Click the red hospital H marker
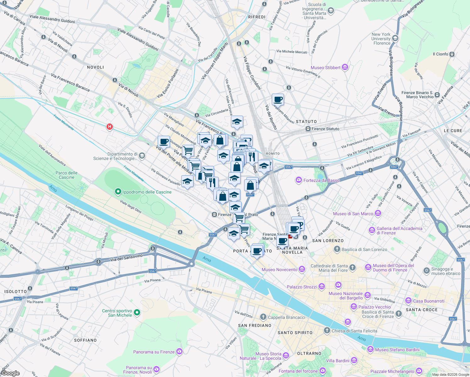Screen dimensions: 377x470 coord(109,127)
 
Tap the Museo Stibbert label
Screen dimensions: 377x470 coord(325,68)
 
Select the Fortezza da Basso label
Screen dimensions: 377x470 coord(321,180)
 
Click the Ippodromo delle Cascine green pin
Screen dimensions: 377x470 coord(118,191)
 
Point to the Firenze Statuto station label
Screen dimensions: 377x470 coord(325,129)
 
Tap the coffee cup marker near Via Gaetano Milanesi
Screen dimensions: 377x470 coord(278,100)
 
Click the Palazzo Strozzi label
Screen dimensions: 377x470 coord(302,287)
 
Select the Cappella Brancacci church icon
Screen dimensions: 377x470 coord(263,317)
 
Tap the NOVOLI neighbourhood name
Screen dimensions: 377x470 coord(96,67)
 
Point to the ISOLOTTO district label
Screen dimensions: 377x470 coord(16,292)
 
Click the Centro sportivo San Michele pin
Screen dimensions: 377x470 coord(137,312)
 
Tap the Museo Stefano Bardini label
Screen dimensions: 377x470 coord(397,350)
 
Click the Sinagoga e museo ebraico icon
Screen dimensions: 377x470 coord(426,270)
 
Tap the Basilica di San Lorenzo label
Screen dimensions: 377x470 coord(364,249)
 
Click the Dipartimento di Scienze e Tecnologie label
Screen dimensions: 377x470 coord(115,156)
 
